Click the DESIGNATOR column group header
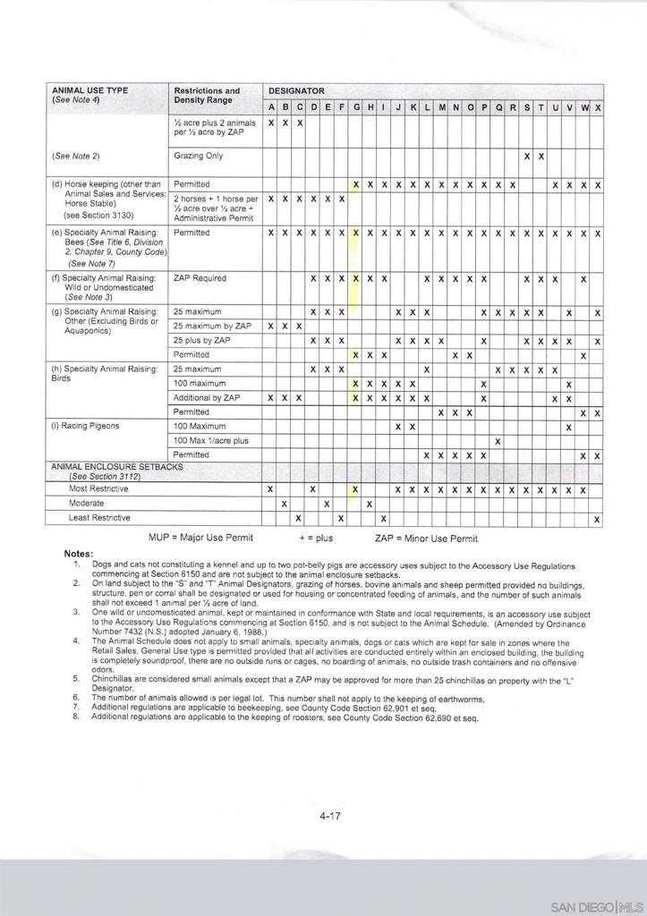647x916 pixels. pos(296,91)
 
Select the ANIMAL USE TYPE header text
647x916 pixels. pos(90,90)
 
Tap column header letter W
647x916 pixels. pos(584,107)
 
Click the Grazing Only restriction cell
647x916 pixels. pos(199,156)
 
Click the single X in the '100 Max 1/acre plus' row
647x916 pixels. pos(498,441)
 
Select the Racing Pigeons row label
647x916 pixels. pos(92,426)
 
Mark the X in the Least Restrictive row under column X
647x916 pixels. pos(597,519)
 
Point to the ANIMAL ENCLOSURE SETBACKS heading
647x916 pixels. pos(117,467)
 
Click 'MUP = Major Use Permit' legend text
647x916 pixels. pos(200,538)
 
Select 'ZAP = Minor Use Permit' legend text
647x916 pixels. pos(426,539)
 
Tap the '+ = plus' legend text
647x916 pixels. pos(315,539)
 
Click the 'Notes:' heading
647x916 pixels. pos(79,554)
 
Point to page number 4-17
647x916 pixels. pos(330,816)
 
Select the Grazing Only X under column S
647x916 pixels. pos(527,157)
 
